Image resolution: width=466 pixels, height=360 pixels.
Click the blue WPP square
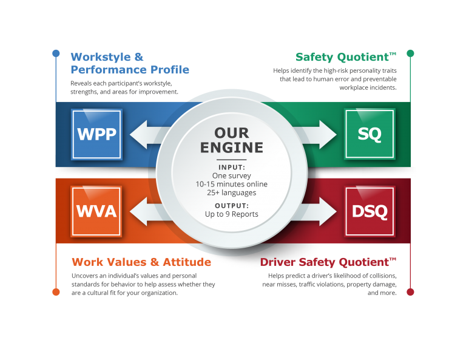96,134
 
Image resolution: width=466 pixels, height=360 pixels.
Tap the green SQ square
369,134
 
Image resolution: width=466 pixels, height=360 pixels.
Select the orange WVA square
96,211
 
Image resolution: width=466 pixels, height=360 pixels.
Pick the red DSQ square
369,211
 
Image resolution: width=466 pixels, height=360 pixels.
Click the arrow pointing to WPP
146,134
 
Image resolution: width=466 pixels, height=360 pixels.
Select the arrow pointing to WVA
146,212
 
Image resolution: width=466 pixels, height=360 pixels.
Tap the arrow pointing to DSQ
320,212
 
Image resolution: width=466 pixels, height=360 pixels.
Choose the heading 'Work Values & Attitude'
141,262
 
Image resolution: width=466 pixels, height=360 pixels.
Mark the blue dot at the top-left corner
56,53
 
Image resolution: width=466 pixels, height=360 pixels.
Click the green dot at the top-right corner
410,53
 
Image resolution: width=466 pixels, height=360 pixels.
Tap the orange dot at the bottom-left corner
56,292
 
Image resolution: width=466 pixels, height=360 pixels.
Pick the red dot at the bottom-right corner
410,292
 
